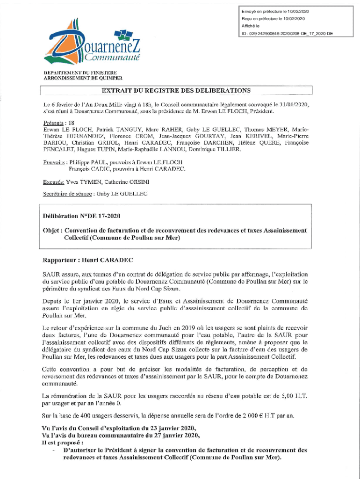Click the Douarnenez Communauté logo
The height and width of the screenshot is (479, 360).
point(91,44)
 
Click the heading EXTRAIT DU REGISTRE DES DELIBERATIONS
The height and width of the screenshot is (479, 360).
point(176,90)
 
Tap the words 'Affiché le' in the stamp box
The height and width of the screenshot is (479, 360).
point(250,26)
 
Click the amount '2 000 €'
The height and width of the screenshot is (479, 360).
point(257,416)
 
